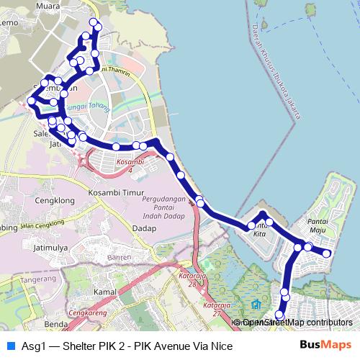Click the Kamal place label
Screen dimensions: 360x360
105,292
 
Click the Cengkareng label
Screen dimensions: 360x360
86,314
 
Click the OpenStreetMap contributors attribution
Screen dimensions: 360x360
297,323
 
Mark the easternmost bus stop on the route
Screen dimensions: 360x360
327,253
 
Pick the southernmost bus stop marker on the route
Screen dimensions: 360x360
280,314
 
